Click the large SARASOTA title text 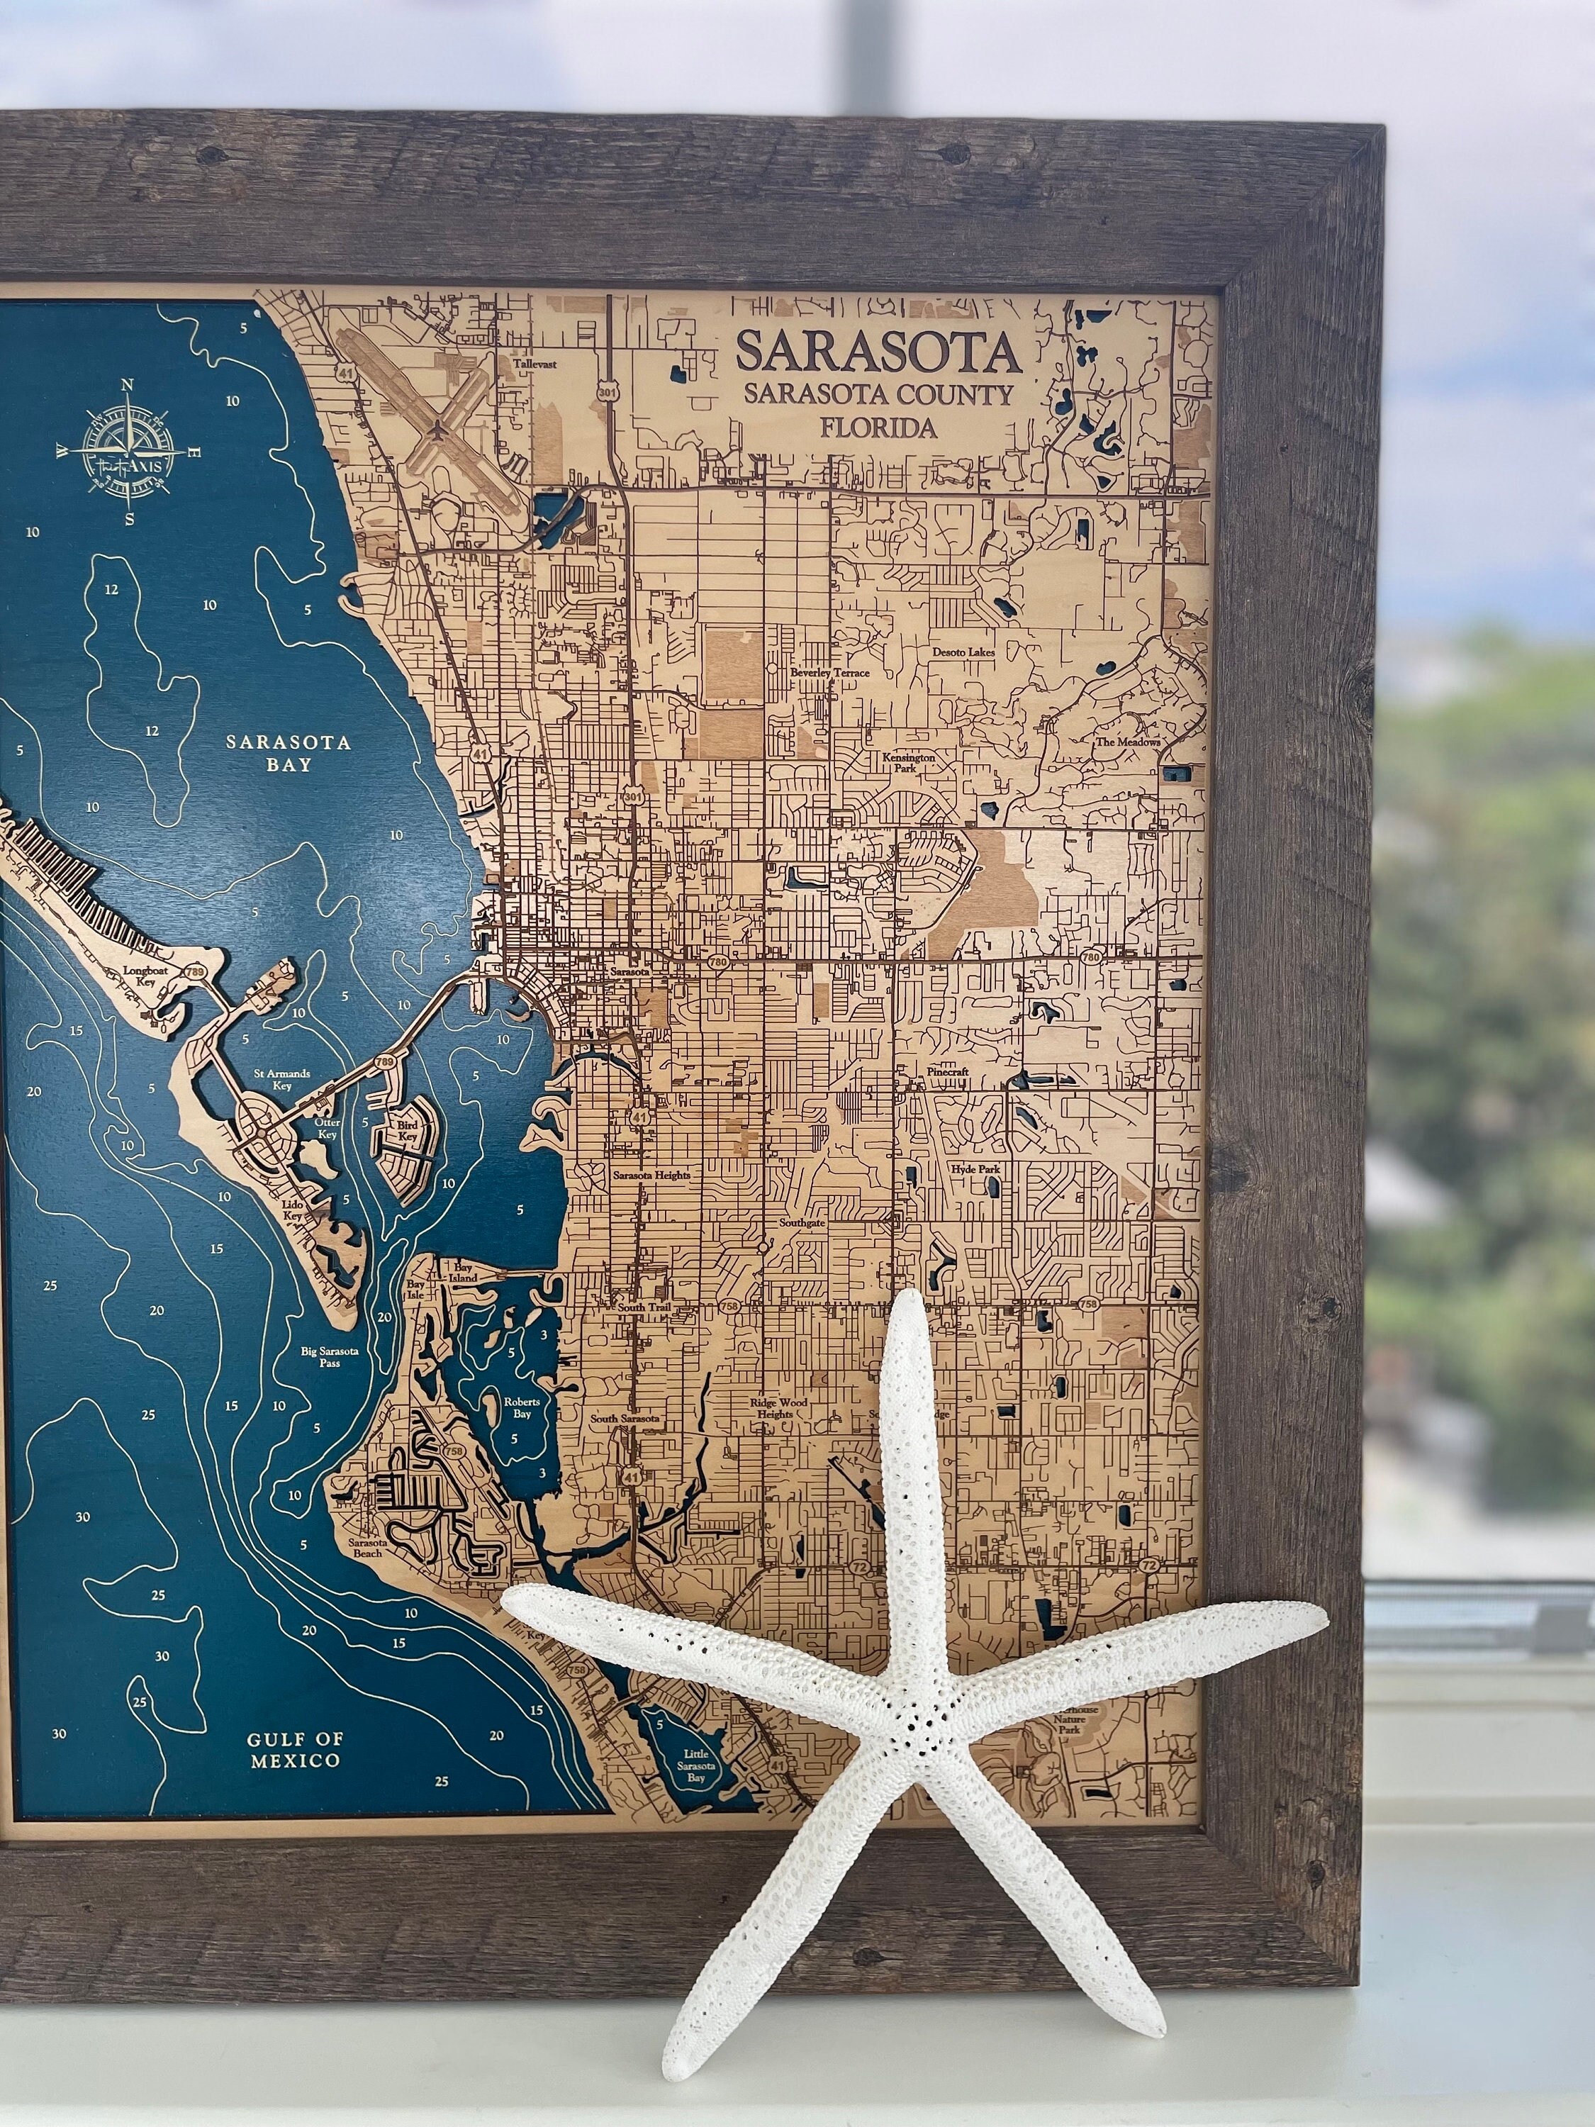877,353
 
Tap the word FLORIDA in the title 878,428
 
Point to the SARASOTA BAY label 289,754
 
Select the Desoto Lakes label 963,652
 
